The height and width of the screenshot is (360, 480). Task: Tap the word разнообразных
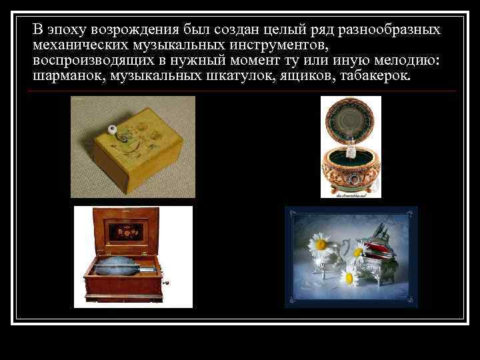pyautogui.click(x=389, y=30)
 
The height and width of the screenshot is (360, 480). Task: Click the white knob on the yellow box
pyautogui.click(x=112, y=129)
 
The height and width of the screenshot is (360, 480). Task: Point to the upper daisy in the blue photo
pyautogui.click(x=322, y=243)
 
